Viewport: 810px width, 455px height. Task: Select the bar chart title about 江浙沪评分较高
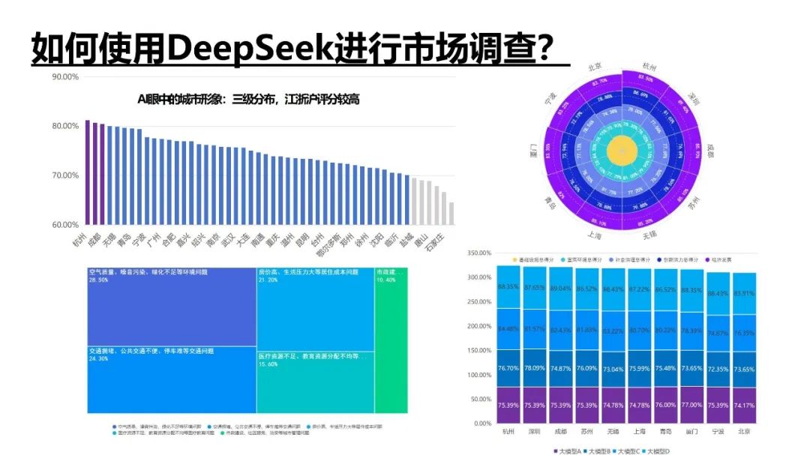[247, 99]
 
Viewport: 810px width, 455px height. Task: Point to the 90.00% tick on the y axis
[65, 76]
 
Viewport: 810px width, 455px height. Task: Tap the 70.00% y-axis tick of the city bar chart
[65, 175]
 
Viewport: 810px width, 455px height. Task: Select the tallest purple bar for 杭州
[87, 172]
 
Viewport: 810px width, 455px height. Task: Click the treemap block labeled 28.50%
[171, 307]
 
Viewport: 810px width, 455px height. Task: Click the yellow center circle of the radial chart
[621, 151]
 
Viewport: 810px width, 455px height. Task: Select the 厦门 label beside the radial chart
[532, 150]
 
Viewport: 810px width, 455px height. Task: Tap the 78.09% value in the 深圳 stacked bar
[534, 367]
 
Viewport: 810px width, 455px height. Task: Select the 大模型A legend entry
[574, 451]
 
